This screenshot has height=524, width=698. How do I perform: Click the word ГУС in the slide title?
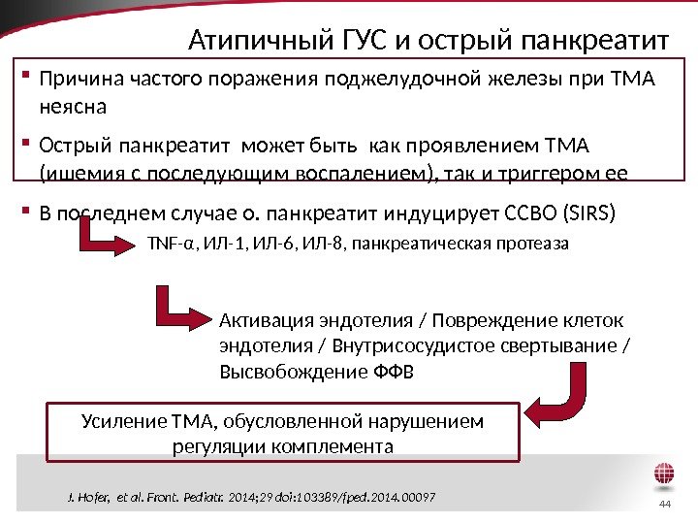(364, 41)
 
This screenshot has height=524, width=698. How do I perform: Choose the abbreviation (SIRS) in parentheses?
(583, 211)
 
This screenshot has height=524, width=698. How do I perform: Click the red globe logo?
(664, 475)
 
